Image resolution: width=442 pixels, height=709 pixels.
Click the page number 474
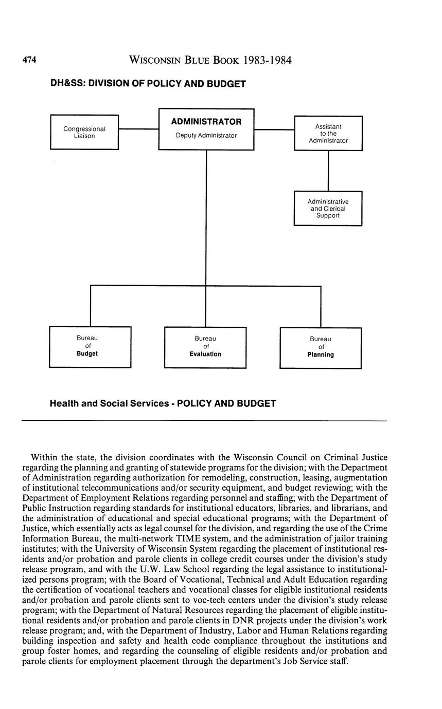click(x=29, y=61)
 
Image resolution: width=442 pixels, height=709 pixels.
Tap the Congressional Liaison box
click(x=84, y=133)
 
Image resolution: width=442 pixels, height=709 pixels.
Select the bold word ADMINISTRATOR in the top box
click(x=206, y=122)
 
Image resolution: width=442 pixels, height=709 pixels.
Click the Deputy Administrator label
click(x=206, y=136)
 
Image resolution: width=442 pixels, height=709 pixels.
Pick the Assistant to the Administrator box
click(x=328, y=133)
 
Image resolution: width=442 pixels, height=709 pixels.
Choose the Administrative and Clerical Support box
click(x=328, y=209)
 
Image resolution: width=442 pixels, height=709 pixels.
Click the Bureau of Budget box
click(x=90, y=347)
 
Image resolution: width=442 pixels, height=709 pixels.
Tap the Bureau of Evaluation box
click(x=205, y=347)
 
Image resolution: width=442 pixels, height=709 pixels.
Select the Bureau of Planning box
click(x=321, y=347)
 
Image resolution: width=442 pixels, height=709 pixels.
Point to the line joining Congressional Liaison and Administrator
click(x=138, y=129)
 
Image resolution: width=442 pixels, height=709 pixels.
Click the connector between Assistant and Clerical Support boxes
click(x=328, y=171)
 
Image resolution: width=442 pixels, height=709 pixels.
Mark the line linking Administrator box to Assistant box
click(x=274, y=130)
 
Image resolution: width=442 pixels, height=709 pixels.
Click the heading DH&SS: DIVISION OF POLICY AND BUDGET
click(x=148, y=84)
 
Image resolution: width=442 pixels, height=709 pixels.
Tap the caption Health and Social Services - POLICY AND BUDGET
click(x=163, y=404)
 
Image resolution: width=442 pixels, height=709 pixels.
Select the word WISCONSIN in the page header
click(x=154, y=61)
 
